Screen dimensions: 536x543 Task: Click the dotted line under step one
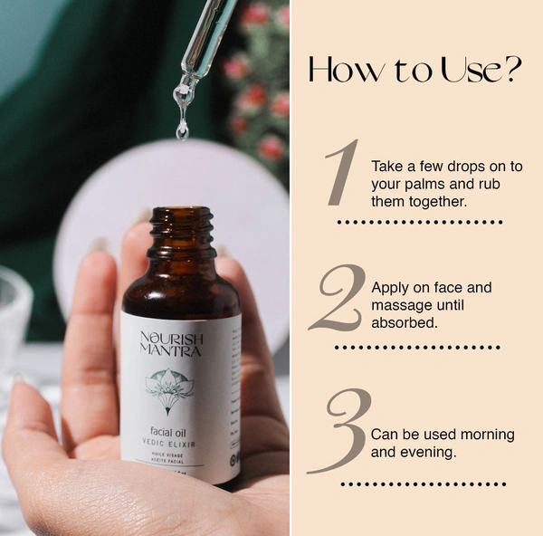pyautogui.click(x=419, y=221)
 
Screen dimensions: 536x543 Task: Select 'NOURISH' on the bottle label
pyautogui.click(x=173, y=340)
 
